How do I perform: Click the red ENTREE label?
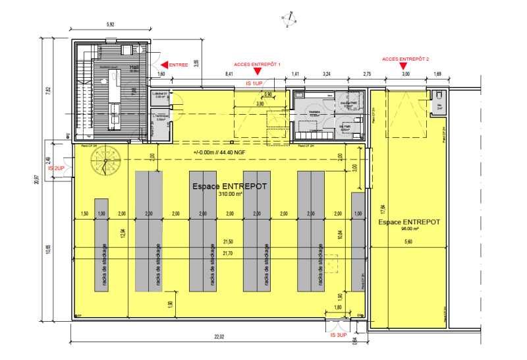pos(179,65)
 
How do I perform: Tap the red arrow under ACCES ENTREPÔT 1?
pos(257,72)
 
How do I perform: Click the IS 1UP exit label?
pos(254,84)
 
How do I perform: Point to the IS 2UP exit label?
pos(57,168)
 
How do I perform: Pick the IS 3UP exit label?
pos(338,336)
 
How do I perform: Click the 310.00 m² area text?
pos(229,195)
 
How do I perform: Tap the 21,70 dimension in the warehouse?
pos(228,253)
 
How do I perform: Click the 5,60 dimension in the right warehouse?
pos(408,242)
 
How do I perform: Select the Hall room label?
pos(134,67)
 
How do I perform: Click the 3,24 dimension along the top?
pos(327,75)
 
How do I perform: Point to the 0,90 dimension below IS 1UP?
pos(267,94)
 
